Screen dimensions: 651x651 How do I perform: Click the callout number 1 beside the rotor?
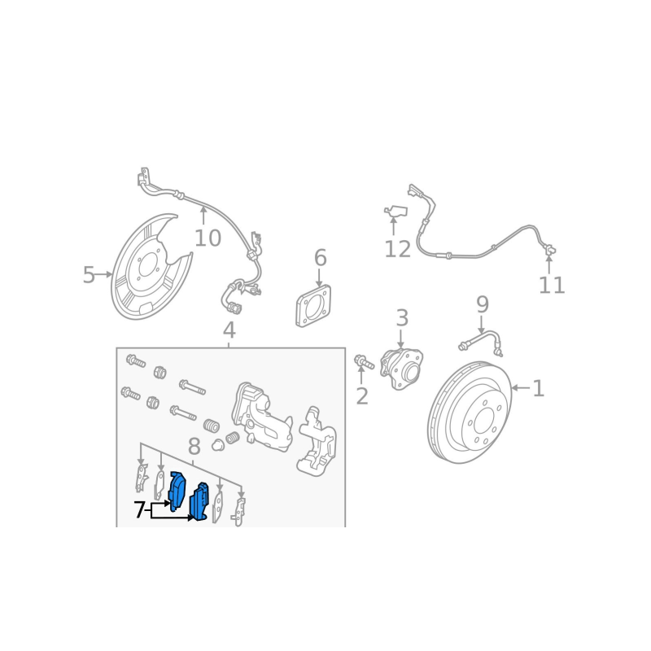point(538,388)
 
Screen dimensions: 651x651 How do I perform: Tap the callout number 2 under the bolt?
point(362,396)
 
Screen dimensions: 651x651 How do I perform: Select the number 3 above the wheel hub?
point(402,317)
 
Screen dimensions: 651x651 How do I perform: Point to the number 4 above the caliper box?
point(229,330)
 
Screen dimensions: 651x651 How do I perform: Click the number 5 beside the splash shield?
point(89,274)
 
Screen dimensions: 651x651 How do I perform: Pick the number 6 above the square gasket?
point(320,258)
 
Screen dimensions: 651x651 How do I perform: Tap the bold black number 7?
point(139,510)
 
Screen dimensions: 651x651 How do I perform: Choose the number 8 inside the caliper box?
point(194,447)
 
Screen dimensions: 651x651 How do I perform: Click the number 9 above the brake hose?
point(482,304)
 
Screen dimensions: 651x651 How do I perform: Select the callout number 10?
point(208,238)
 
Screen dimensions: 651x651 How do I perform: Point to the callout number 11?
point(552,286)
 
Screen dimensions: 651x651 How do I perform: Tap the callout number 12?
point(397,249)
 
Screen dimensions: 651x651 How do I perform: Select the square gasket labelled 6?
point(313,306)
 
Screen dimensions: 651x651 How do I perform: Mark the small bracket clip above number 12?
point(395,212)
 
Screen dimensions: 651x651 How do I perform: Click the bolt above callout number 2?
point(364,361)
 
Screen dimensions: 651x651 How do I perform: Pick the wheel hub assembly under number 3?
point(401,369)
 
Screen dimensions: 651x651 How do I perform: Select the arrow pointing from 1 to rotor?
point(521,388)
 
